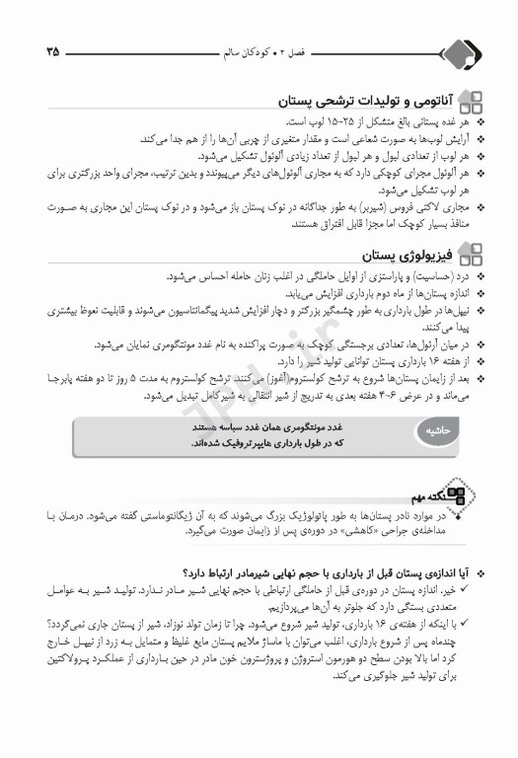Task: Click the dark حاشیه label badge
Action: pyautogui.click(x=434, y=432)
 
